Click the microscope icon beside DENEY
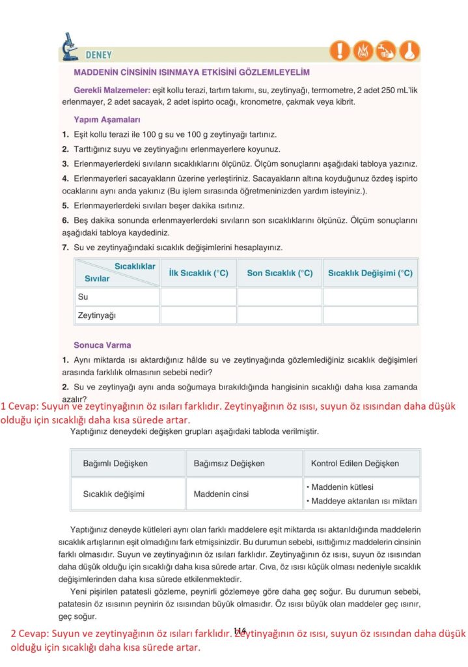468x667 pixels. coord(68,47)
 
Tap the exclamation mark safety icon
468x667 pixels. coord(340,50)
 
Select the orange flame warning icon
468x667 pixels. coord(363,50)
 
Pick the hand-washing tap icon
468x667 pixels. coord(386,50)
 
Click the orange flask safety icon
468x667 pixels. coord(409,50)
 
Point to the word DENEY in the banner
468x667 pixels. coord(98,55)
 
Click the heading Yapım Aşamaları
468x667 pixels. coord(107,120)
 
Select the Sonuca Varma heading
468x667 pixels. coord(102,345)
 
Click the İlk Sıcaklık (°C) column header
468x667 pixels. coord(198,274)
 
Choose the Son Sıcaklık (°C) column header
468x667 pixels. coord(280,274)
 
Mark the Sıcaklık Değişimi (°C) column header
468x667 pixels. coord(370,274)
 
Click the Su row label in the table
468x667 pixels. coord(83,297)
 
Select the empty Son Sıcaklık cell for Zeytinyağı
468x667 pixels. coord(280,315)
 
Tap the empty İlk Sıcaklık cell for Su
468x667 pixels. coord(198,297)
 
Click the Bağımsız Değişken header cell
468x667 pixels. coord(229,463)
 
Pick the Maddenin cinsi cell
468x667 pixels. coord(221,494)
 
